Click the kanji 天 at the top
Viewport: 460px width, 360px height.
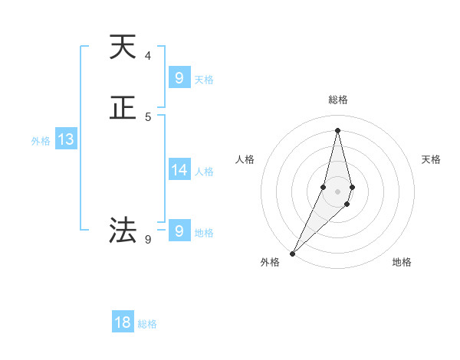click(123, 47)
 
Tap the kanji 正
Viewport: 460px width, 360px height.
click(123, 110)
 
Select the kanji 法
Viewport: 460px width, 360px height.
click(123, 229)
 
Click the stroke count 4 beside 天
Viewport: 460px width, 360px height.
click(148, 55)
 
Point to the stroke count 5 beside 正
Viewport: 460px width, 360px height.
click(148, 117)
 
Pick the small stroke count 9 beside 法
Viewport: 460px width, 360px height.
click(148, 239)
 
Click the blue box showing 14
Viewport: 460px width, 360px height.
click(179, 170)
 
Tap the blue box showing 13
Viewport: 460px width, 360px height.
click(66, 139)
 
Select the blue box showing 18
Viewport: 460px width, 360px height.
click(123, 322)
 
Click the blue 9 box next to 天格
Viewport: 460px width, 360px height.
click(179, 77)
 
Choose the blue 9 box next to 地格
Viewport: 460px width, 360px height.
click(179, 230)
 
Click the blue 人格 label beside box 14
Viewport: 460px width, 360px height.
click(205, 172)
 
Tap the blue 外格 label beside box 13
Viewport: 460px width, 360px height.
click(41, 141)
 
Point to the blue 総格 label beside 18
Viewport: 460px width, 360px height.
click(147, 324)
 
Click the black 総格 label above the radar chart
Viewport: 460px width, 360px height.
click(338, 100)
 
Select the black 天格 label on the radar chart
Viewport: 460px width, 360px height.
click(432, 159)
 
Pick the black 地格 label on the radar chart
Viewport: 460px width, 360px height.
click(402, 262)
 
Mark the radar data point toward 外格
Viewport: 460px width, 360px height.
click(293, 253)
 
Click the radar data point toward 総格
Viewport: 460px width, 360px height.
click(338, 130)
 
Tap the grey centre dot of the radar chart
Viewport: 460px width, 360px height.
click(338, 191)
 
